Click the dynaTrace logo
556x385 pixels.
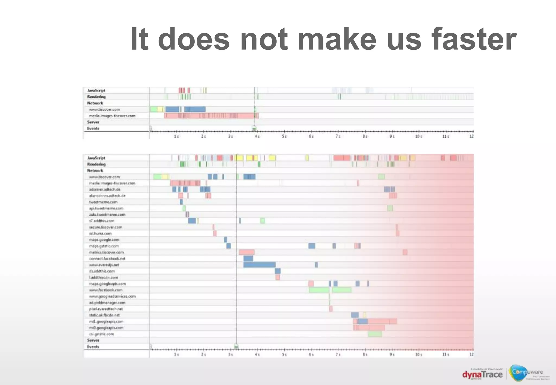pyautogui.click(x=482, y=375)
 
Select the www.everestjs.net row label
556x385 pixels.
pyautogui.click(x=104, y=265)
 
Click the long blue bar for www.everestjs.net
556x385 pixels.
pyautogui.click(x=259, y=265)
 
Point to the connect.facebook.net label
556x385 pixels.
pyautogui.click(x=107, y=259)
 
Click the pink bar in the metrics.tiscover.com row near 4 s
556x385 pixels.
pyautogui.click(x=247, y=252)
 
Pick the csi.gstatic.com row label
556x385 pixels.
pyautogui.click(x=102, y=334)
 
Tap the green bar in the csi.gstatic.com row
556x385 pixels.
pyautogui.click(x=375, y=334)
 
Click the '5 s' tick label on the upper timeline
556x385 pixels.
pyautogui.click(x=284, y=136)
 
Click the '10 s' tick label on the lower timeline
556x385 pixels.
pyautogui.click(x=419, y=355)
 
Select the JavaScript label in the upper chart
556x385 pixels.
pyautogui.click(x=96, y=90)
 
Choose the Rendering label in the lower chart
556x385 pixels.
pyautogui.click(x=96, y=164)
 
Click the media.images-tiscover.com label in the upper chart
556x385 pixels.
pyautogui.click(x=112, y=116)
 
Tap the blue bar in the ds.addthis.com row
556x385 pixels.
pyautogui.click(x=277, y=271)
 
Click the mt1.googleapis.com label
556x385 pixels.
pyautogui.click(x=106, y=322)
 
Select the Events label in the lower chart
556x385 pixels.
pyautogui.click(x=93, y=347)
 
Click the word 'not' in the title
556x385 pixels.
pyautogui.click(x=264, y=39)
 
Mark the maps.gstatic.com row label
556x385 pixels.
pyautogui.click(x=104, y=246)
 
